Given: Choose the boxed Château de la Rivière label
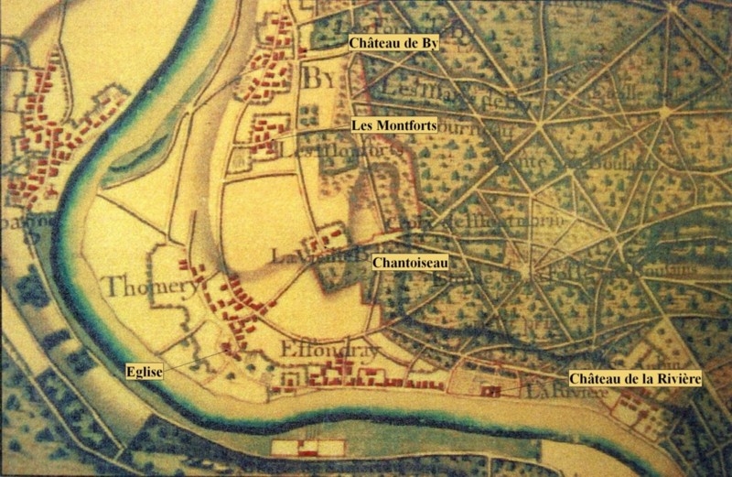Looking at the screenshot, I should pyautogui.click(x=634, y=378).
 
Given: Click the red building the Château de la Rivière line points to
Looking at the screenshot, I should pyautogui.click(x=492, y=392).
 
